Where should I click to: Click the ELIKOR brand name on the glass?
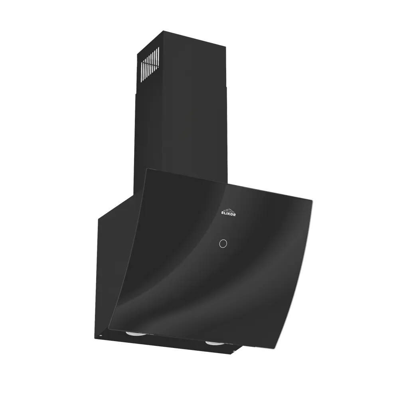click(228, 214)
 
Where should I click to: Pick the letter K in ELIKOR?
click(229, 215)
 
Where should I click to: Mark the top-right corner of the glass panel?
click(314, 197)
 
